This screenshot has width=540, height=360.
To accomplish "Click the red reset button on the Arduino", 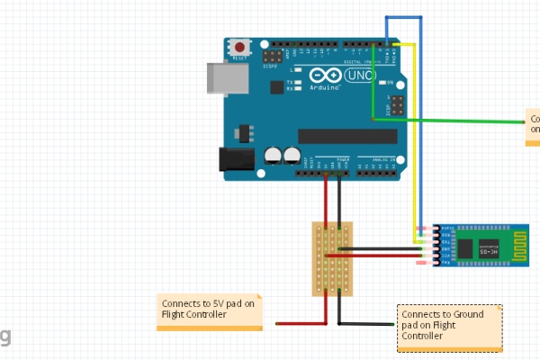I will (240, 47).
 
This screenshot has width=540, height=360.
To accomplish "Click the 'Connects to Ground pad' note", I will (449, 327).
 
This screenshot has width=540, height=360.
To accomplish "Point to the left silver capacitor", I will (272, 156).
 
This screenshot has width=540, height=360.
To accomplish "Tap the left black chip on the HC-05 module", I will (464, 247).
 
